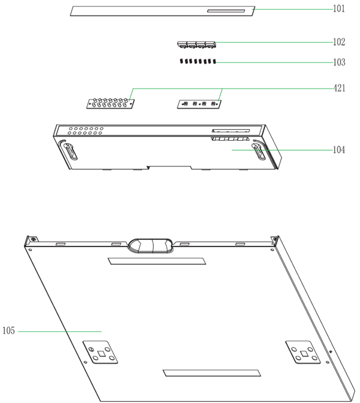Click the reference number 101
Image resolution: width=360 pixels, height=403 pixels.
[339, 9]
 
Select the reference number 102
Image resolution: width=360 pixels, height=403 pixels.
[339, 42]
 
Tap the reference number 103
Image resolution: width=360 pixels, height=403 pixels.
[339, 62]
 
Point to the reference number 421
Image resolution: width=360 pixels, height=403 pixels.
[339, 88]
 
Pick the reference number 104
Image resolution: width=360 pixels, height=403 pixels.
[339, 150]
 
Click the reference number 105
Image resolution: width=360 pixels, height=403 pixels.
[9, 330]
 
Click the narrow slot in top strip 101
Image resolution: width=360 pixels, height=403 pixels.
[226, 11]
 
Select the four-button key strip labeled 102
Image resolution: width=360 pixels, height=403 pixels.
[197, 45]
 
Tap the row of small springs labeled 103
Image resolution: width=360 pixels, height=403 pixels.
[198, 61]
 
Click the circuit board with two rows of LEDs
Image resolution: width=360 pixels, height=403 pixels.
[110, 103]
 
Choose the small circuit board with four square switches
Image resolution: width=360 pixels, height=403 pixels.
[199, 104]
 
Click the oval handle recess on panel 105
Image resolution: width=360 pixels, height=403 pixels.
[151, 246]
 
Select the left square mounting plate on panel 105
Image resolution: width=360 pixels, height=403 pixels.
[100, 352]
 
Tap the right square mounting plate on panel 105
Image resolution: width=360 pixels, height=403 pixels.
[303, 352]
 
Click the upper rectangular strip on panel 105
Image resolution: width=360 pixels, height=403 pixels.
[157, 261]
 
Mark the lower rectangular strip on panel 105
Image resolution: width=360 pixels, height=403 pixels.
[212, 373]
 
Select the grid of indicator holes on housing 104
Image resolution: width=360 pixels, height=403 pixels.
[86, 131]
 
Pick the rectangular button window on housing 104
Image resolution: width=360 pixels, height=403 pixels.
[231, 131]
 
